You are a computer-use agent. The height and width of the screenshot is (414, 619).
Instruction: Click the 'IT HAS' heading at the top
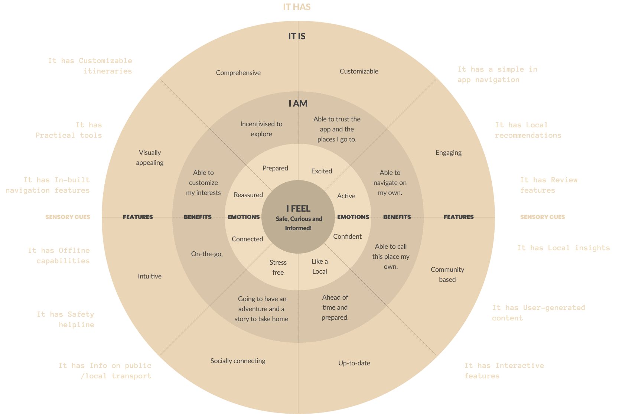click(297, 7)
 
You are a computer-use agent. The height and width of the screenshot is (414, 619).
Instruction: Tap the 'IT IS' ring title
click(297, 36)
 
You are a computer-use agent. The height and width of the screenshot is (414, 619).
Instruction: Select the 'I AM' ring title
click(298, 104)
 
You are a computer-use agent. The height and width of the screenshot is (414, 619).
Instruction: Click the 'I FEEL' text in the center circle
click(298, 209)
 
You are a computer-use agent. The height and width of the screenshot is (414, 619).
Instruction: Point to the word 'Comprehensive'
click(238, 73)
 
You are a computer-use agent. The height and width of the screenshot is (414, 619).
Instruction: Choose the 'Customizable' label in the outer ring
click(359, 71)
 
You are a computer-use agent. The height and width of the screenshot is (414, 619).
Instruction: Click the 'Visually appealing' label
click(150, 157)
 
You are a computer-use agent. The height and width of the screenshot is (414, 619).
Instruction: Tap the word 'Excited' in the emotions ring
click(322, 171)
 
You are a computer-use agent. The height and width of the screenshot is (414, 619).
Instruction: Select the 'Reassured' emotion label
click(248, 195)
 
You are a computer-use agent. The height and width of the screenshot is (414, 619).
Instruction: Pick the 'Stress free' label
click(278, 267)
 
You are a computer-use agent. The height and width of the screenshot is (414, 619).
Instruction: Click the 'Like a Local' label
click(319, 266)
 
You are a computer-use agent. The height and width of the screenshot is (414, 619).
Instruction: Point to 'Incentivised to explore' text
click(261, 129)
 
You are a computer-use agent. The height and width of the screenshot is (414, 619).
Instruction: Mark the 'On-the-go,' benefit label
click(207, 254)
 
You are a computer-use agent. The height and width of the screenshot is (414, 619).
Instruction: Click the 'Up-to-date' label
click(354, 363)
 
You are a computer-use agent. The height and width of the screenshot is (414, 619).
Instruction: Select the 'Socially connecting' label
click(238, 361)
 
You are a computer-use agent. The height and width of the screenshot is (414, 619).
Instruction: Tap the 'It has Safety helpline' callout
click(66, 319)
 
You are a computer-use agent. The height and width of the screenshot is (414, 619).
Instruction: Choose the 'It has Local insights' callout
click(563, 248)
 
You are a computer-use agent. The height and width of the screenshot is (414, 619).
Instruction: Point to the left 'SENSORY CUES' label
click(68, 217)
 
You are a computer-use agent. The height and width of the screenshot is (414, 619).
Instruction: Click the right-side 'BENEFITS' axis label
click(397, 217)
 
